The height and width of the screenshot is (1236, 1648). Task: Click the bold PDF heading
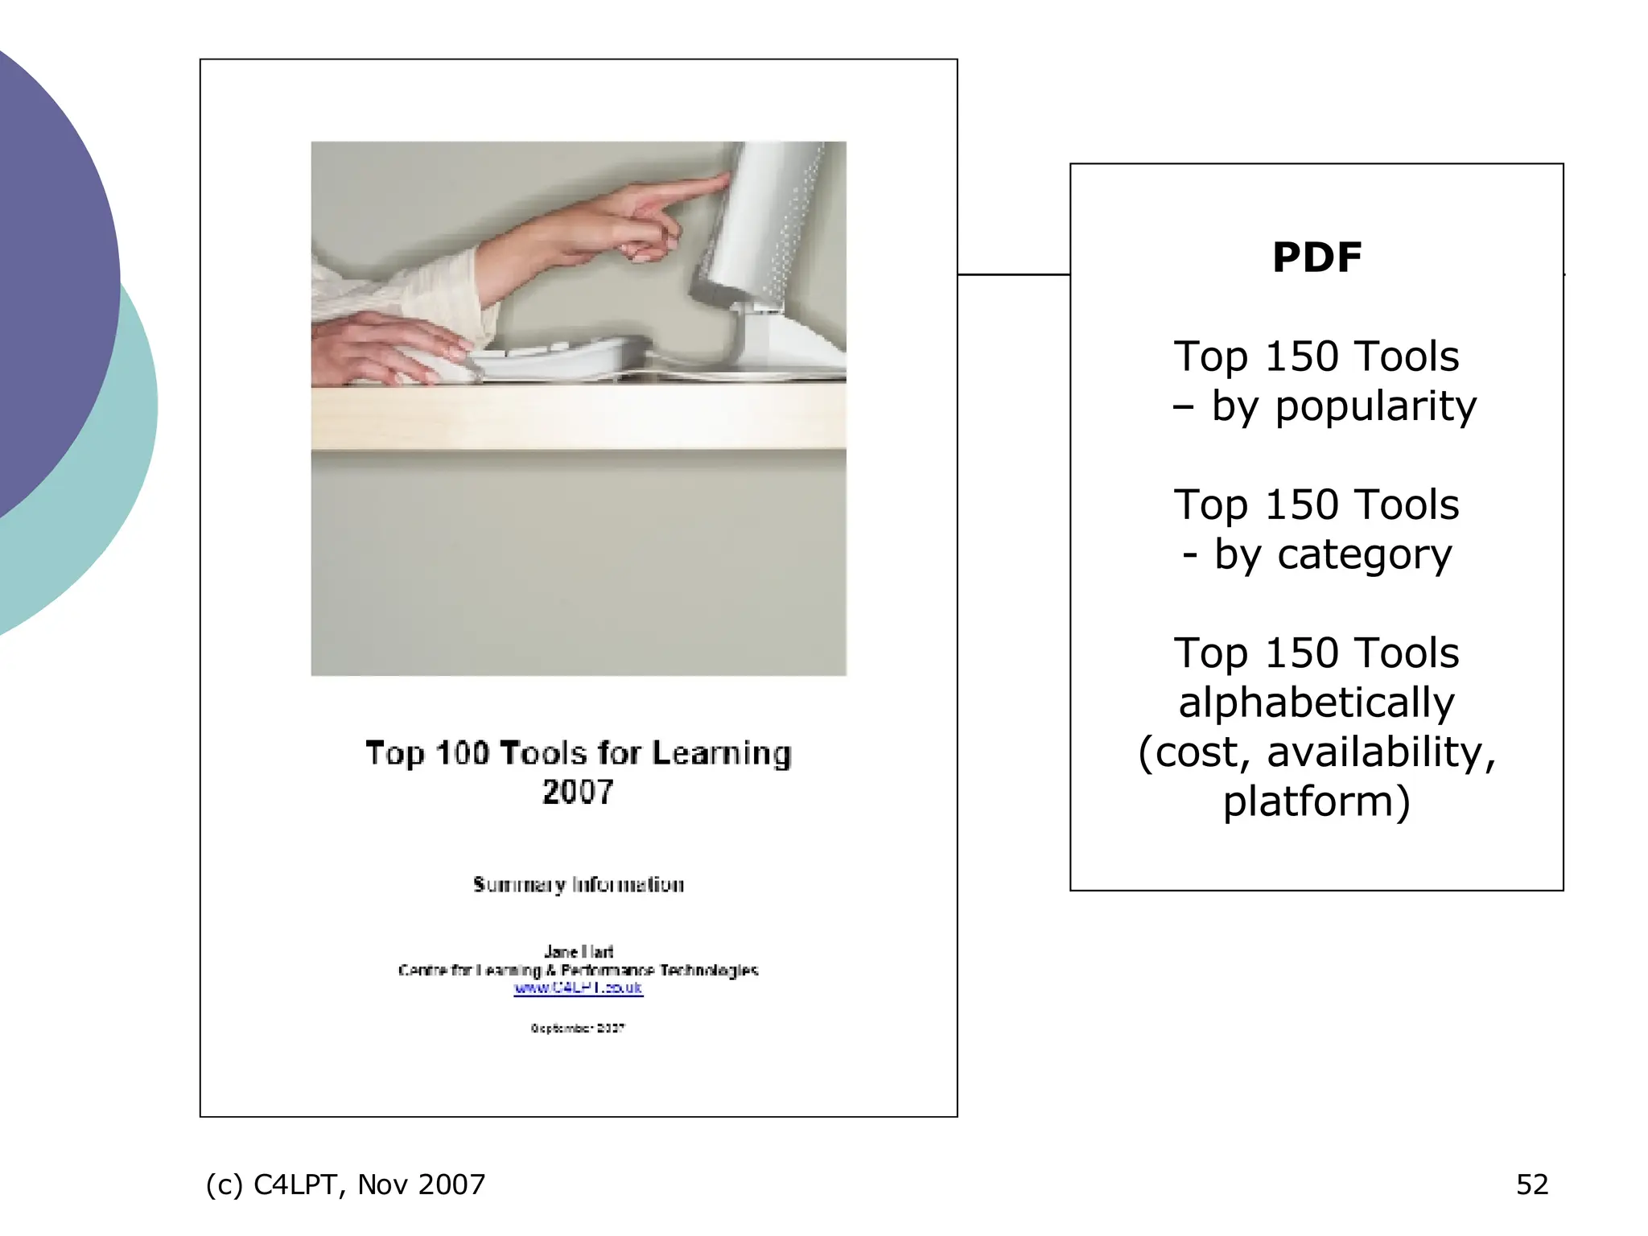[x=1316, y=257]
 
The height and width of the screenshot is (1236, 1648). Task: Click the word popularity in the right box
[x=1375, y=407]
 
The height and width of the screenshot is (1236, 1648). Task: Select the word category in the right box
[x=1364, y=555]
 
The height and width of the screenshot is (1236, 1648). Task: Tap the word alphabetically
[x=1316, y=703]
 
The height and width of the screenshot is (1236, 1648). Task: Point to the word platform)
[x=1316, y=802]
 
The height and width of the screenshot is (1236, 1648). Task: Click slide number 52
[x=1531, y=1184]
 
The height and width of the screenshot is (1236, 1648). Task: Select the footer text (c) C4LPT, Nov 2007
[x=345, y=1184]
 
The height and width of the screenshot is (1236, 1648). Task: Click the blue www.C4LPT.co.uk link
[x=578, y=988]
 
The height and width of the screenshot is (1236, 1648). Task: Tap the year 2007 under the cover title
[x=578, y=793]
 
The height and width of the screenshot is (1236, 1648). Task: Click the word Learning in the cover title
[x=721, y=754]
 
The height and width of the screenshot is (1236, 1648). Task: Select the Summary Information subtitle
[x=578, y=885]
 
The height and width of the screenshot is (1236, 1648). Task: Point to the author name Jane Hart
[x=578, y=952]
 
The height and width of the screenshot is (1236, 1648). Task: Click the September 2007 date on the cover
[x=578, y=1028]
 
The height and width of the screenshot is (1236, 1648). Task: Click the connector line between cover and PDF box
[x=1013, y=274]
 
